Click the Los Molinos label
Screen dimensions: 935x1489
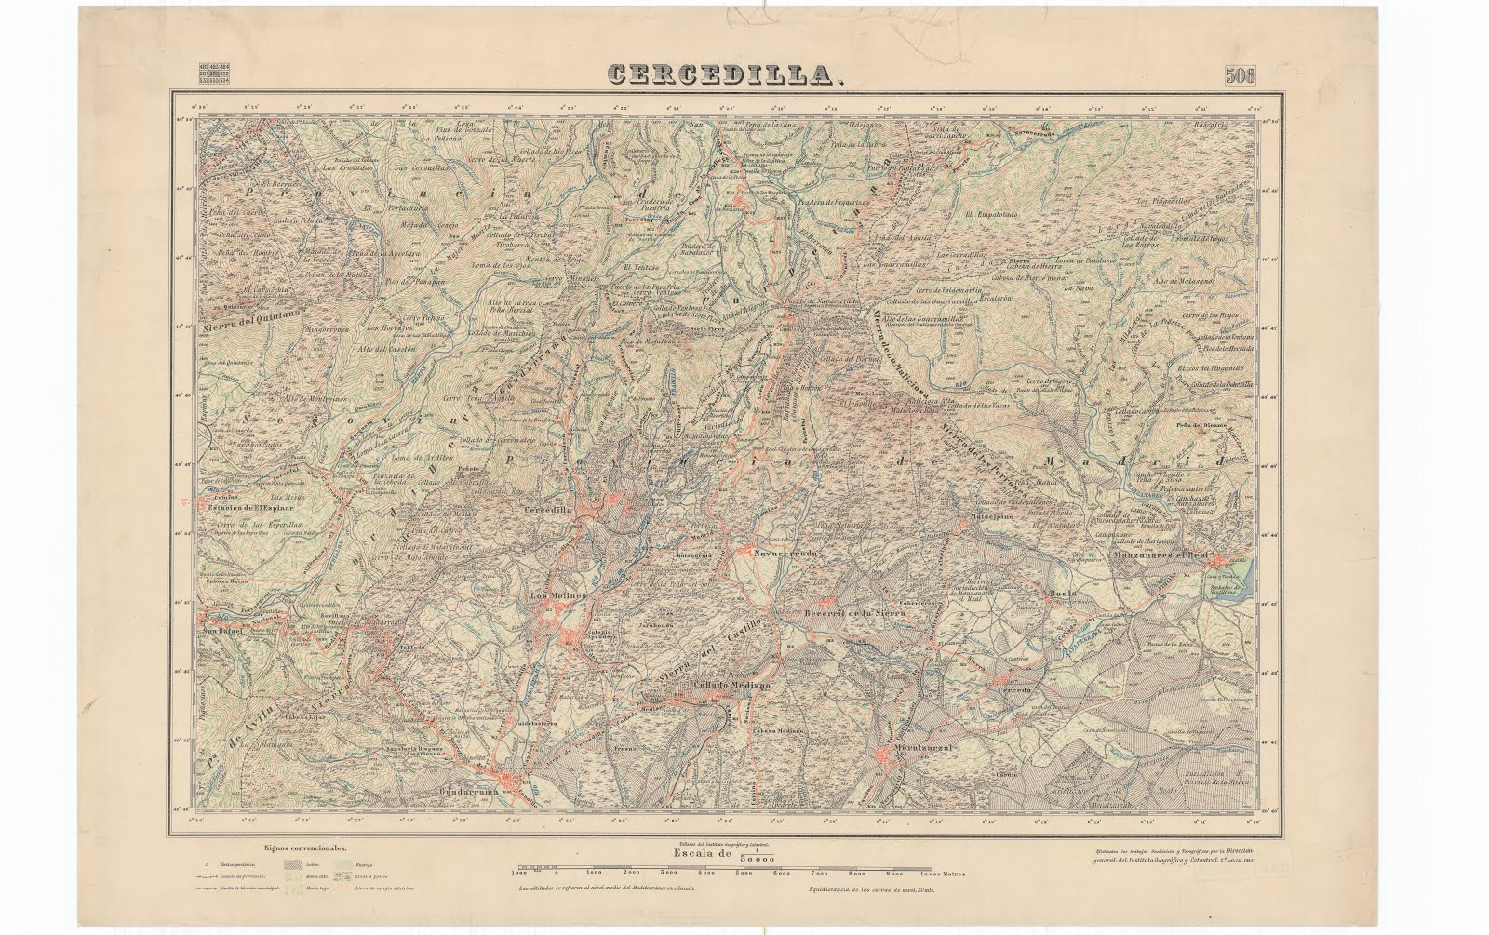549,596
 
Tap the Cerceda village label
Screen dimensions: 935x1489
1013,692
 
